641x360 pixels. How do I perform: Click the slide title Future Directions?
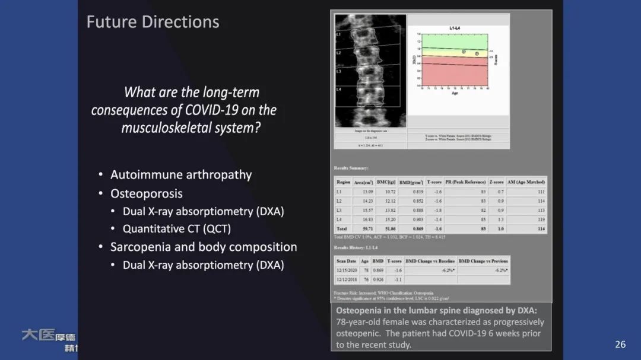click(153, 22)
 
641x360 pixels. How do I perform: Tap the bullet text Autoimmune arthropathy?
click(181, 175)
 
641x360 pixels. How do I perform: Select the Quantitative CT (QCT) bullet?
click(176, 228)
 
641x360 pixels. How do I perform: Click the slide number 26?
click(620, 345)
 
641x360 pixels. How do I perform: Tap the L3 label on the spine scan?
click(339, 71)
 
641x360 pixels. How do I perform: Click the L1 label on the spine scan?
click(339, 34)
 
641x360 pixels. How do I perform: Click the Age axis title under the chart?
click(455, 93)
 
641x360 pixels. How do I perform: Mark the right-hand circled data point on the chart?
click(477, 53)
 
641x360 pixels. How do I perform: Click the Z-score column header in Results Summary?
click(496, 182)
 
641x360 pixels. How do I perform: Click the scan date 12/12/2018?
click(346, 279)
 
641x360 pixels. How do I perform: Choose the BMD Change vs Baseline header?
click(430, 261)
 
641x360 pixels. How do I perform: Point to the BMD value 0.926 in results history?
click(377, 279)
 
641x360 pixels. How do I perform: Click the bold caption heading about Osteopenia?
click(436, 310)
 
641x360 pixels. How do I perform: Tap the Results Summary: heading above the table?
click(351, 168)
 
